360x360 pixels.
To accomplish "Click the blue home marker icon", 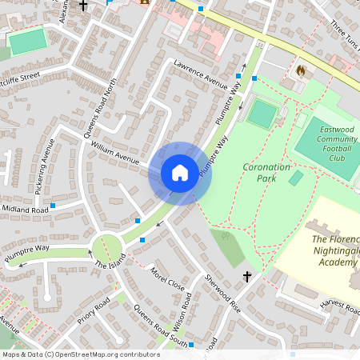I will (179, 173).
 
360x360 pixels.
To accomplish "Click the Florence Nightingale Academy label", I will (334, 250).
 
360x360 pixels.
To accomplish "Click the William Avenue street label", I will (115, 152).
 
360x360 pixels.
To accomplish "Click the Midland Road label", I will (24, 210).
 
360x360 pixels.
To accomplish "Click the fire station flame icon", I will (301, 70).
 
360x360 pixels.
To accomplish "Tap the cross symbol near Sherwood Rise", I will (247, 277).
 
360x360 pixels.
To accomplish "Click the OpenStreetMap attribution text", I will (81, 354).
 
